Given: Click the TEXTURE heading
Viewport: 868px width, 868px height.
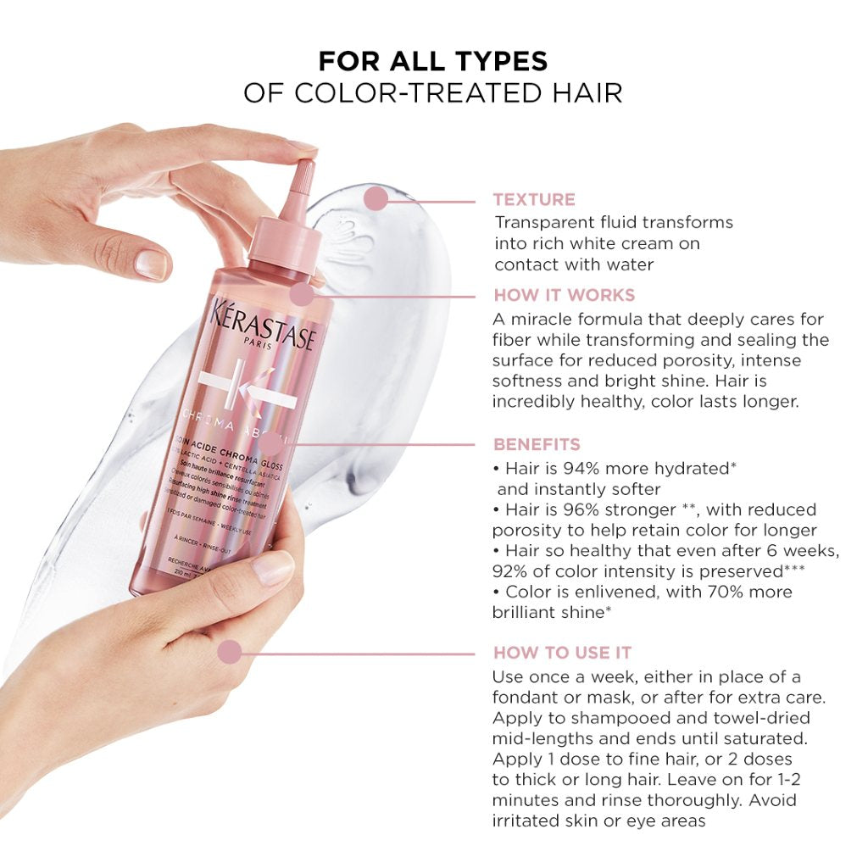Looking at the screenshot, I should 534,200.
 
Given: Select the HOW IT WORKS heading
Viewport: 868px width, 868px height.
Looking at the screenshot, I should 564,295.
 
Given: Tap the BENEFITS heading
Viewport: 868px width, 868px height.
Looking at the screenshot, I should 537,444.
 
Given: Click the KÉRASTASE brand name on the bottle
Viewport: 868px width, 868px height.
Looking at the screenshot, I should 264,324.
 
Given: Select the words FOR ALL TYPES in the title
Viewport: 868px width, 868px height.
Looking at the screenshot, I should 433,61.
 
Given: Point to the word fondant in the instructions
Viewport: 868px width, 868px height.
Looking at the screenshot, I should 526,698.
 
